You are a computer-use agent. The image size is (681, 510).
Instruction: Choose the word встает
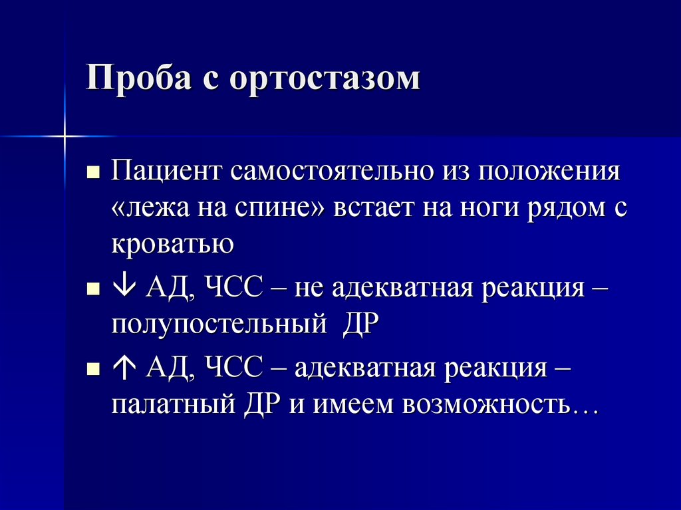click(x=372, y=209)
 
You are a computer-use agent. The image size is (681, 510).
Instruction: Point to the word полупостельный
click(x=219, y=325)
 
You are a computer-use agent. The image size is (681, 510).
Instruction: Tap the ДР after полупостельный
click(x=360, y=325)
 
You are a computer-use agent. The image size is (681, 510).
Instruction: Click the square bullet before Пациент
click(x=93, y=174)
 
